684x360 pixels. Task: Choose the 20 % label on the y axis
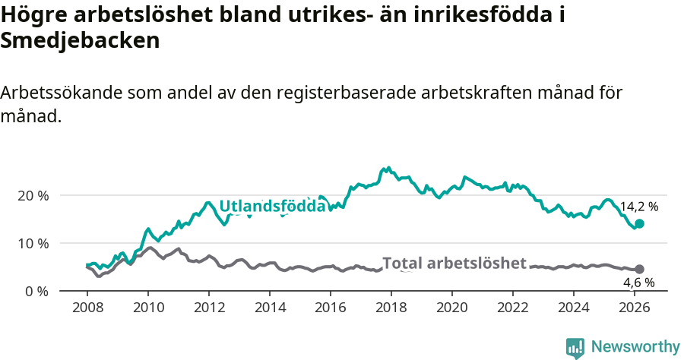pos(33,195)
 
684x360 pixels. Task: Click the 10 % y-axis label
pos(33,243)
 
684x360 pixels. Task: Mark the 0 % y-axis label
pos(36,292)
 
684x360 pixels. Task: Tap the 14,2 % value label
pos(638,207)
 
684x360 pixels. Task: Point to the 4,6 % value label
pos(638,283)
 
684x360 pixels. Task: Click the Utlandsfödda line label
pos(272,206)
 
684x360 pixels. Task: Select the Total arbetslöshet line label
pos(454,264)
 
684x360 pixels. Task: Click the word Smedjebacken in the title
pos(80,41)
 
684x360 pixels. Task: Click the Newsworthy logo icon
pos(575,347)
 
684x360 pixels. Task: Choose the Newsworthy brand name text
pos(635,347)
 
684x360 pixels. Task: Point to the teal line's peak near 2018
pos(388,168)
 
